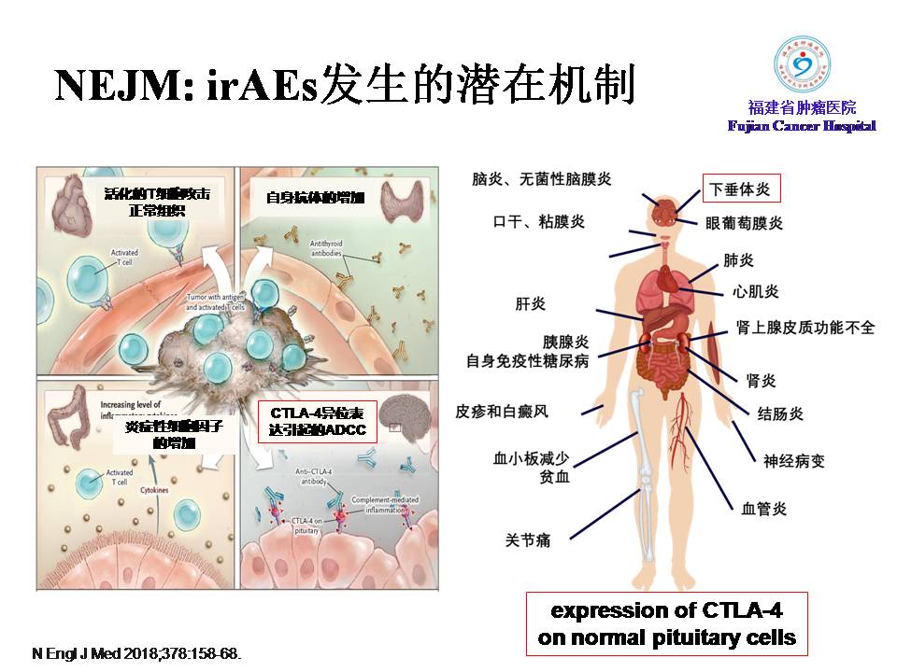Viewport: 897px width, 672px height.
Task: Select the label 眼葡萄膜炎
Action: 744,224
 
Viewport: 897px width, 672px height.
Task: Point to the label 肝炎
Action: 530,303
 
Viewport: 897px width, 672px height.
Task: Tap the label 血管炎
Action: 763,509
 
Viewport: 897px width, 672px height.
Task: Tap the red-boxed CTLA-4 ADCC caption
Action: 318,421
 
